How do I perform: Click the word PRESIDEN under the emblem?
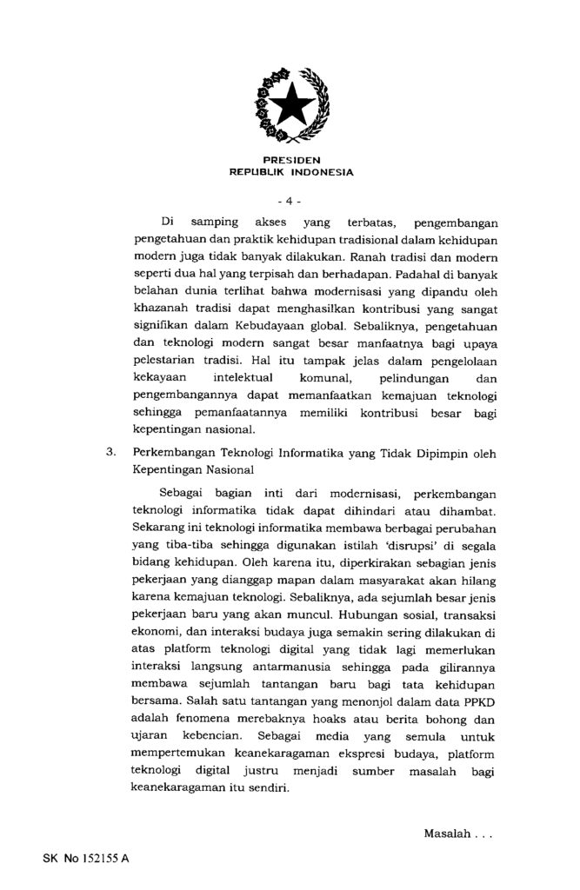pyautogui.click(x=290, y=160)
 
